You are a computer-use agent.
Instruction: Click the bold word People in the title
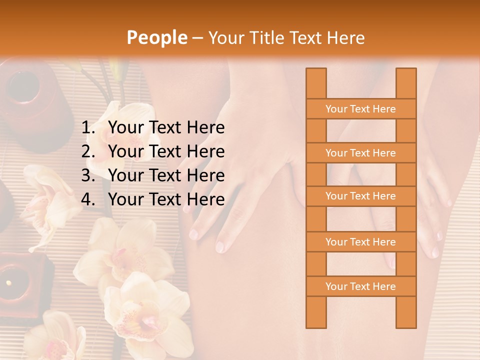156,37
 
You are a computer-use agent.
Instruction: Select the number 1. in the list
88,128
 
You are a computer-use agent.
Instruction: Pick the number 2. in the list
88,151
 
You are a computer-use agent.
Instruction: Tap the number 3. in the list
88,175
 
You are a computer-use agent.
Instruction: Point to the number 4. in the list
88,199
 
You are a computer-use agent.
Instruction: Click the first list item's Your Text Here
166,128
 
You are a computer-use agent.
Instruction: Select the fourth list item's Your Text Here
166,199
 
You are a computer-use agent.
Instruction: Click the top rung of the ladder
360,109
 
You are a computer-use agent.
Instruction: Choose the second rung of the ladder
360,153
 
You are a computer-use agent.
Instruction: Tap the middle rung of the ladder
360,196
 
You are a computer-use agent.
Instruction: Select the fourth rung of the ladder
360,242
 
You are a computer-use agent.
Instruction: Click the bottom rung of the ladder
360,286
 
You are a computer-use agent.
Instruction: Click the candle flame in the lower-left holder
8,283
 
